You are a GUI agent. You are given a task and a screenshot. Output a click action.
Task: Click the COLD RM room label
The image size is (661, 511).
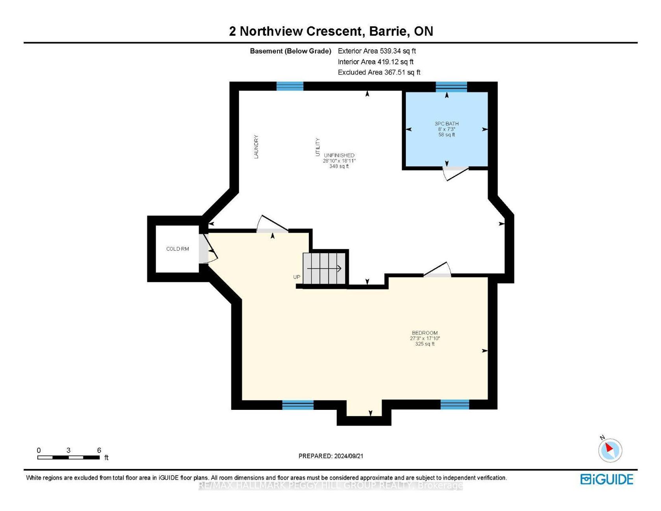177,249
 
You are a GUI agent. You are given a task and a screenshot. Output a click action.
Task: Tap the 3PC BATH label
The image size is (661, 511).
447,124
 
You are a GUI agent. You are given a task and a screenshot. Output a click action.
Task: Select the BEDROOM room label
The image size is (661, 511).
425,333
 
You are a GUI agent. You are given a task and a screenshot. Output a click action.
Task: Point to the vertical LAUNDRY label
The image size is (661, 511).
256,147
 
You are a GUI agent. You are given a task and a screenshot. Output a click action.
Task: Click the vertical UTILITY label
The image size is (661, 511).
318,147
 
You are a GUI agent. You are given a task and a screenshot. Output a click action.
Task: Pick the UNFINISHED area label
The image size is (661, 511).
339,155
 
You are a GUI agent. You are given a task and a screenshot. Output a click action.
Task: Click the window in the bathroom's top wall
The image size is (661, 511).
451,86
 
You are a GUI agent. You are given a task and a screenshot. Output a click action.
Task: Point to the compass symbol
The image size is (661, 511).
610,450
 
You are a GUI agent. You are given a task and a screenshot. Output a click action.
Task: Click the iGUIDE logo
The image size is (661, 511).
607,479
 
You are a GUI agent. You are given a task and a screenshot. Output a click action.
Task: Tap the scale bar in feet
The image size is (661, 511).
68,457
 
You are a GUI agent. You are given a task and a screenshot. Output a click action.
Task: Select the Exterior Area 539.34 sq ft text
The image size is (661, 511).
377,51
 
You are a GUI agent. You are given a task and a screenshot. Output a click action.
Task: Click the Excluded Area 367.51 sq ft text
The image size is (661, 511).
379,72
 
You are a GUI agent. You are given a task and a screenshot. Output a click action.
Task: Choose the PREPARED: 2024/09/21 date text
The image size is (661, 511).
331,456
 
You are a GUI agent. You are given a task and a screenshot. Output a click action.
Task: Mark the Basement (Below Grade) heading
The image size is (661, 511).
291,51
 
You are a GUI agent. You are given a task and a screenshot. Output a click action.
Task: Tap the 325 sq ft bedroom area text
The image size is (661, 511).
425,344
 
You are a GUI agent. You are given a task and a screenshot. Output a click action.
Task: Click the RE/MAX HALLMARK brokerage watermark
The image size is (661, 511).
331,485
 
